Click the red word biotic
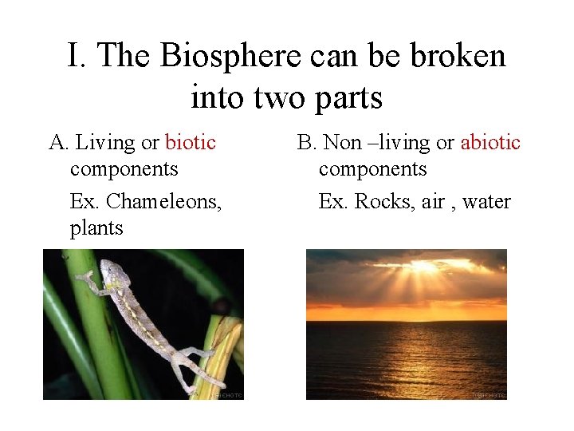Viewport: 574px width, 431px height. coord(191,143)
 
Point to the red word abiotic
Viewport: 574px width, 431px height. coord(490,143)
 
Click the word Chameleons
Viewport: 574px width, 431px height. coord(164,201)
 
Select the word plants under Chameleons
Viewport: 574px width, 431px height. coord(96,228)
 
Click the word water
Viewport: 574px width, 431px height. coord(486,201)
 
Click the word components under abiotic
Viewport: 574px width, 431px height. coord(372,169)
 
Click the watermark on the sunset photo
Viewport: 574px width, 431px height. coord(488,394)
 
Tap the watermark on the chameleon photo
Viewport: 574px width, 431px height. coord(226,394)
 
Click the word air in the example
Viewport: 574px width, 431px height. coord(433,201)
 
